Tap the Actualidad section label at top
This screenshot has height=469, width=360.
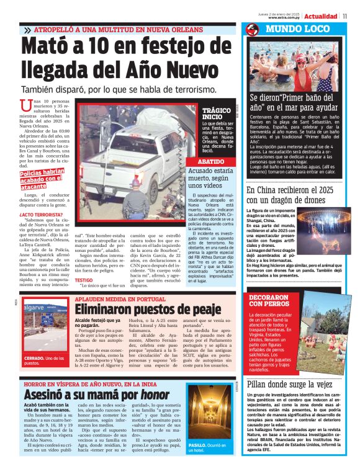pos(322,16)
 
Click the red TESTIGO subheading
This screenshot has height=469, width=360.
pos(84,280)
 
